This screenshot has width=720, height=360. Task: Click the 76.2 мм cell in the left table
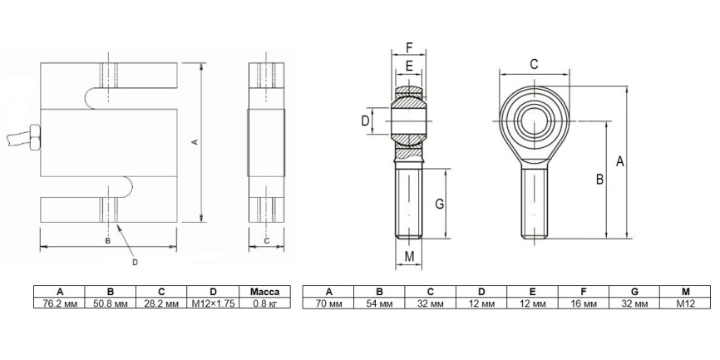click(x=59, y=303)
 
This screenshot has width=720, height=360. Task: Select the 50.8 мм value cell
click(x=111, y=303)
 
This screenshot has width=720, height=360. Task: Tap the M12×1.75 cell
click(x=213, y=303)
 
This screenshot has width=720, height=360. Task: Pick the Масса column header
click(x=265, y=292)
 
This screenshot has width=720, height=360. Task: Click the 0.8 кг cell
click(x=265, y=303)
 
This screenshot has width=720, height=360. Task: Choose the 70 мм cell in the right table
click(x=328, y=303)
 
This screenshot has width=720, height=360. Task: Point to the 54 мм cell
click(x=379, y=303)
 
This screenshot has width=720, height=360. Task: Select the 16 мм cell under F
click(x=583, y=303)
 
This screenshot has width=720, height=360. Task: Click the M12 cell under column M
click(x=685, y=303)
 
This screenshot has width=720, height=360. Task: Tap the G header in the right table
click(x=634, y=292)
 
